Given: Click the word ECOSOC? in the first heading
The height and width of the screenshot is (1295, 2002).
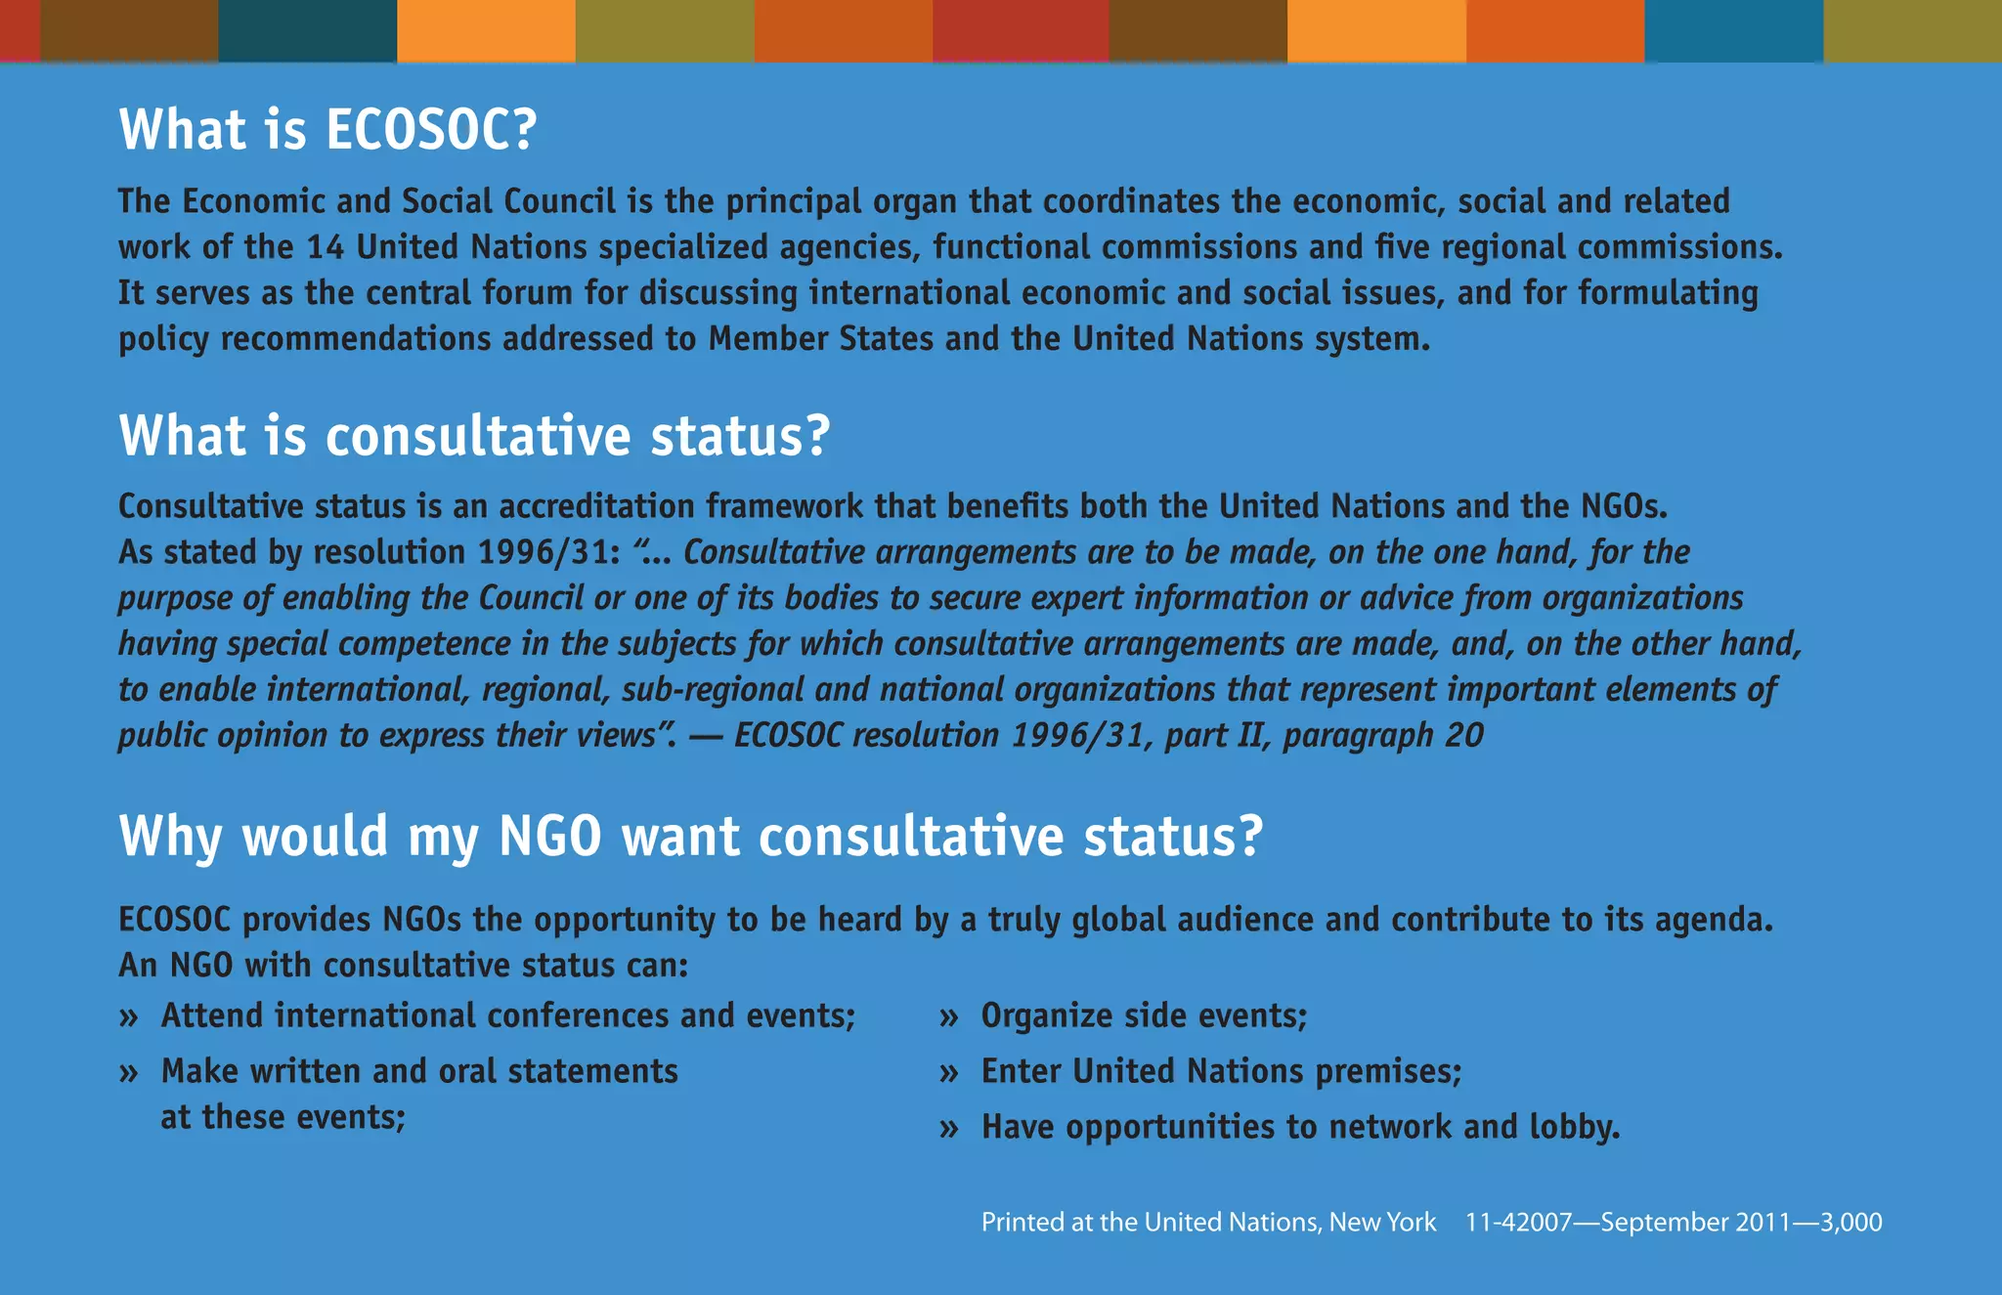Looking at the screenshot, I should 430,130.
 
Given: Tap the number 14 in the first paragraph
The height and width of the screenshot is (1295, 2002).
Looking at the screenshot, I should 325,247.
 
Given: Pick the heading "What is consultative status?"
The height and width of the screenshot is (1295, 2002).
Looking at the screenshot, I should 474,436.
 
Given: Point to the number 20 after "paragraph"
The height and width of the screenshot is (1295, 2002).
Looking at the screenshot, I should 1463,735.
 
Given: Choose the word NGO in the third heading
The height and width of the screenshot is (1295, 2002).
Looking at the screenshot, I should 549,837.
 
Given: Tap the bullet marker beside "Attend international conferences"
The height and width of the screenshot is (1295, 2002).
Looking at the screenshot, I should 129,1017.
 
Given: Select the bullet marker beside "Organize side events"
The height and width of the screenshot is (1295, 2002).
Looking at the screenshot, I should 948,1017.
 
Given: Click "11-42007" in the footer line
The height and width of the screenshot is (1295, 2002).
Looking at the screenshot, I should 1518,1223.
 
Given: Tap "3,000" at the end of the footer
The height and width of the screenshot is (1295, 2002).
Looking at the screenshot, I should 1850,1223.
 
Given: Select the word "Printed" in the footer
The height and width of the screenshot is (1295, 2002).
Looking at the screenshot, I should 1023,1223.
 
